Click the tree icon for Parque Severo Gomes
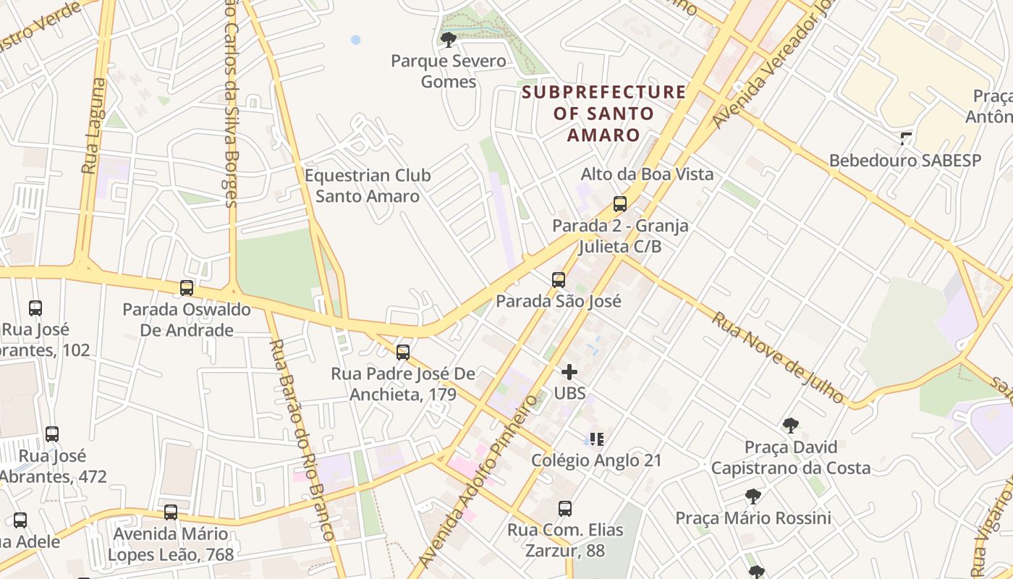pos(448,39)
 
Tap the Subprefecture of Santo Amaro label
pos(603,114)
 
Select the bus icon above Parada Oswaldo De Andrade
pos(187,288)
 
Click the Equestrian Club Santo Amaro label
pos(368,186)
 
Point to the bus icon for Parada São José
pos(558,280)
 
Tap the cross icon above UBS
pos(569,372)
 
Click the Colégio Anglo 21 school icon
pos(596,439)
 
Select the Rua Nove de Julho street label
pos(778,358)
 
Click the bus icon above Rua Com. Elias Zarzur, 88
pos(565,509)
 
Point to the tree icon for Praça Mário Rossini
pos(753,496)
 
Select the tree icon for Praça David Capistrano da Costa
pos(790,426)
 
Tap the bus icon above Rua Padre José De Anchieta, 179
pos(403,352)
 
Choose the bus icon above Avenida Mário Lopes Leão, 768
pos(171,512)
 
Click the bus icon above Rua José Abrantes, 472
pos(52,434)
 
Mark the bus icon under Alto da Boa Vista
pos(619,204)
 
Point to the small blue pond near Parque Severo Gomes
pos(355,40)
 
